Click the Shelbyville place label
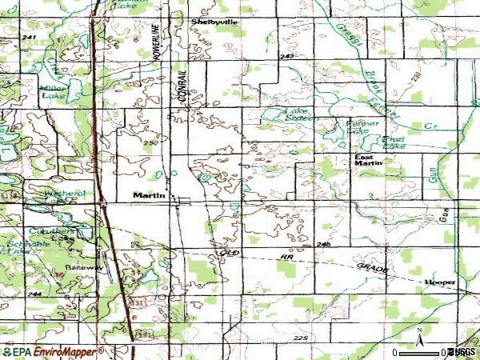(x=214, y=22)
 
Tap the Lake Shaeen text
(x=298, y=114)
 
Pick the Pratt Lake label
(x=394, y=142)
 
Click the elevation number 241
(x=30, y=38)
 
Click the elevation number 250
(x=150, y=142)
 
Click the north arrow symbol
(x=418, y=334)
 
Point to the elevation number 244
(x=33, y=294)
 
